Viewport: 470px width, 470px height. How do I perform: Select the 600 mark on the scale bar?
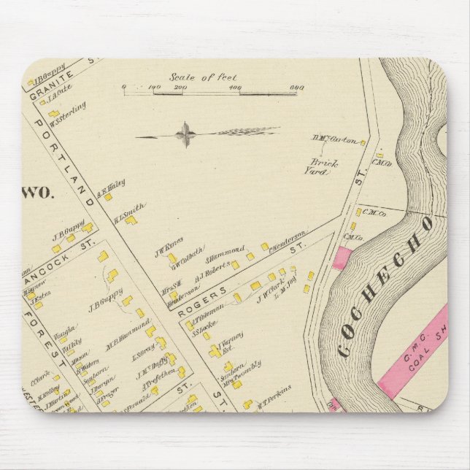[x=296, y=87]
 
